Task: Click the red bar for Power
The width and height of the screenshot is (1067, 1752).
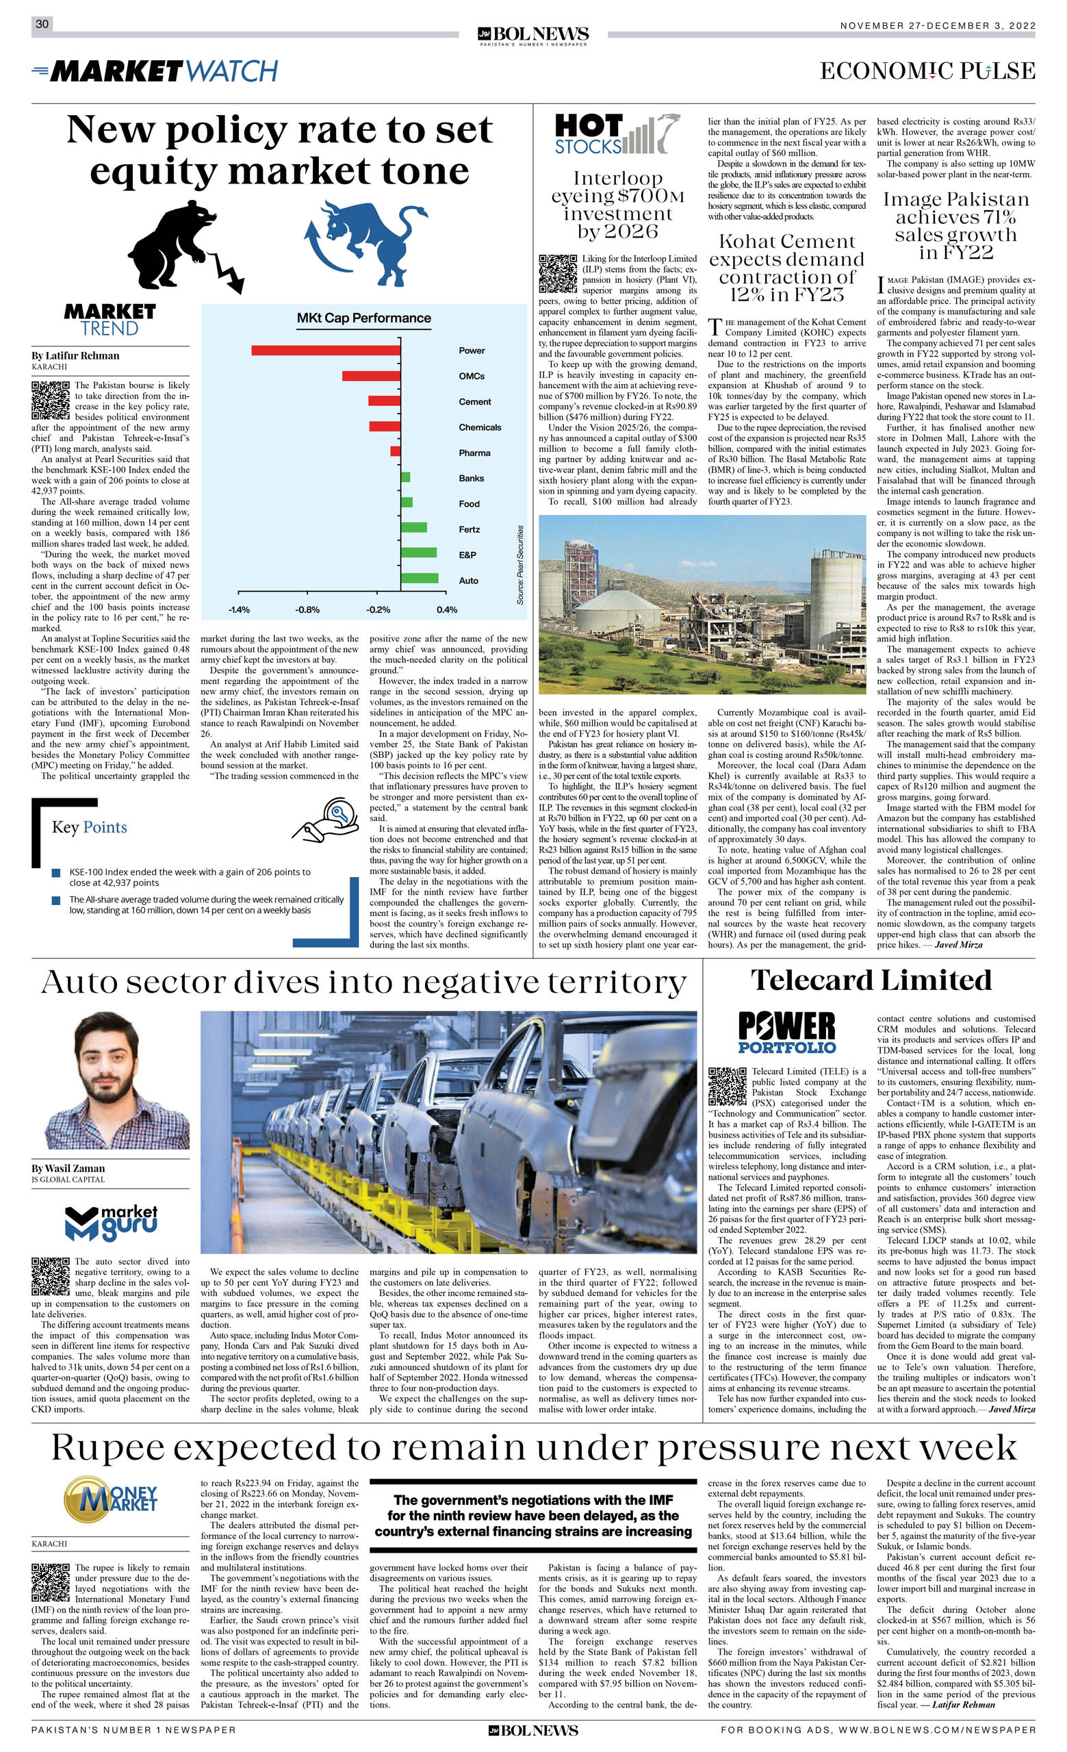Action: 326,350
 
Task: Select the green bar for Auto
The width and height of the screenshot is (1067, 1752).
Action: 420,578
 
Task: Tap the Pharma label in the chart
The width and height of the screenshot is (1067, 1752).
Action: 474,453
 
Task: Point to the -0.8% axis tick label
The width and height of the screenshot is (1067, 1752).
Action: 308,609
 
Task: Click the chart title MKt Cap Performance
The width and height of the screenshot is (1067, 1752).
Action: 364,318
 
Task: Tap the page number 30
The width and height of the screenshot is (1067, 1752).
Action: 42,24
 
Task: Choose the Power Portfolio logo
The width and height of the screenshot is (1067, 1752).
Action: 787,1032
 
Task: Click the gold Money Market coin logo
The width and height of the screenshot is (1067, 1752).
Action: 110,1498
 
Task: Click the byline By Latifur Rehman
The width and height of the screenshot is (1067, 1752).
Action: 75,355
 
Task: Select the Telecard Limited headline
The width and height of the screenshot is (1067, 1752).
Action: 871,980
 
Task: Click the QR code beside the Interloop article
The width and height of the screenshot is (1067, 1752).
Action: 557,273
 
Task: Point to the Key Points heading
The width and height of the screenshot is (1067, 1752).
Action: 90,827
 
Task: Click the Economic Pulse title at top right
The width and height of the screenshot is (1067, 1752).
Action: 927,71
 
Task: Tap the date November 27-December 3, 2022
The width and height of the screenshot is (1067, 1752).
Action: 938,25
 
